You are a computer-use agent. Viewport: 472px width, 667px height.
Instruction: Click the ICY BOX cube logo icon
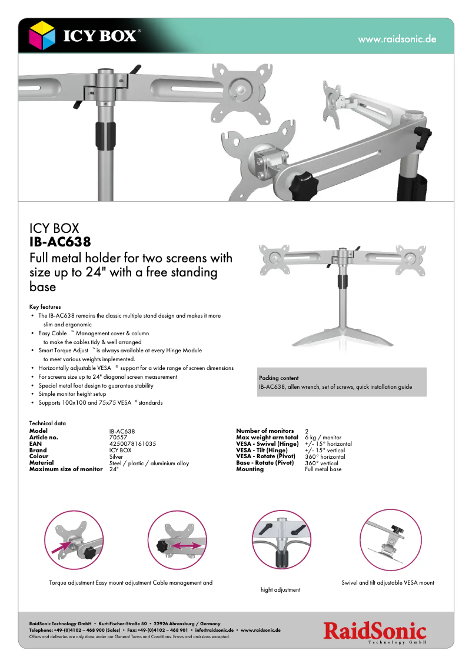42,36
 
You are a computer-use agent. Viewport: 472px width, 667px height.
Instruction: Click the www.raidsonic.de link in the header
397,39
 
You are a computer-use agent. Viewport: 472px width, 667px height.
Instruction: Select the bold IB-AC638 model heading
60,242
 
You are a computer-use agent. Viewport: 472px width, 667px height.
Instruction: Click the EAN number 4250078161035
132,443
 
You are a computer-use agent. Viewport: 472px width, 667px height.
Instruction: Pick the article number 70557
118,438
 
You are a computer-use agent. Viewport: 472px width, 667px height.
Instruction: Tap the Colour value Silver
116,456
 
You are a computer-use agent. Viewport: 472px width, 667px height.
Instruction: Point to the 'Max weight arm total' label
267,438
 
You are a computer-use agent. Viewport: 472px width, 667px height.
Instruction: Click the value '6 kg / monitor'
323,438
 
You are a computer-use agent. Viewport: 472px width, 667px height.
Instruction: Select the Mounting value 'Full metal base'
323,469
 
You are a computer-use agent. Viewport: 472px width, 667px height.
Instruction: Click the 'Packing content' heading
278,378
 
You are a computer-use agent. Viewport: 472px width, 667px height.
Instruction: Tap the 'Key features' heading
45,307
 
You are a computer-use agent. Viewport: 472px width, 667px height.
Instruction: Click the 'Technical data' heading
47,423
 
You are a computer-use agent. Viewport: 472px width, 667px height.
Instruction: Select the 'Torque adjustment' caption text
72,583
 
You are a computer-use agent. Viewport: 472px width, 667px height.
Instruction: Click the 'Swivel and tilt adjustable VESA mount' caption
387,583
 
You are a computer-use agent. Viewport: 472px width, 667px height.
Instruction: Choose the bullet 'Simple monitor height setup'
72,394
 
